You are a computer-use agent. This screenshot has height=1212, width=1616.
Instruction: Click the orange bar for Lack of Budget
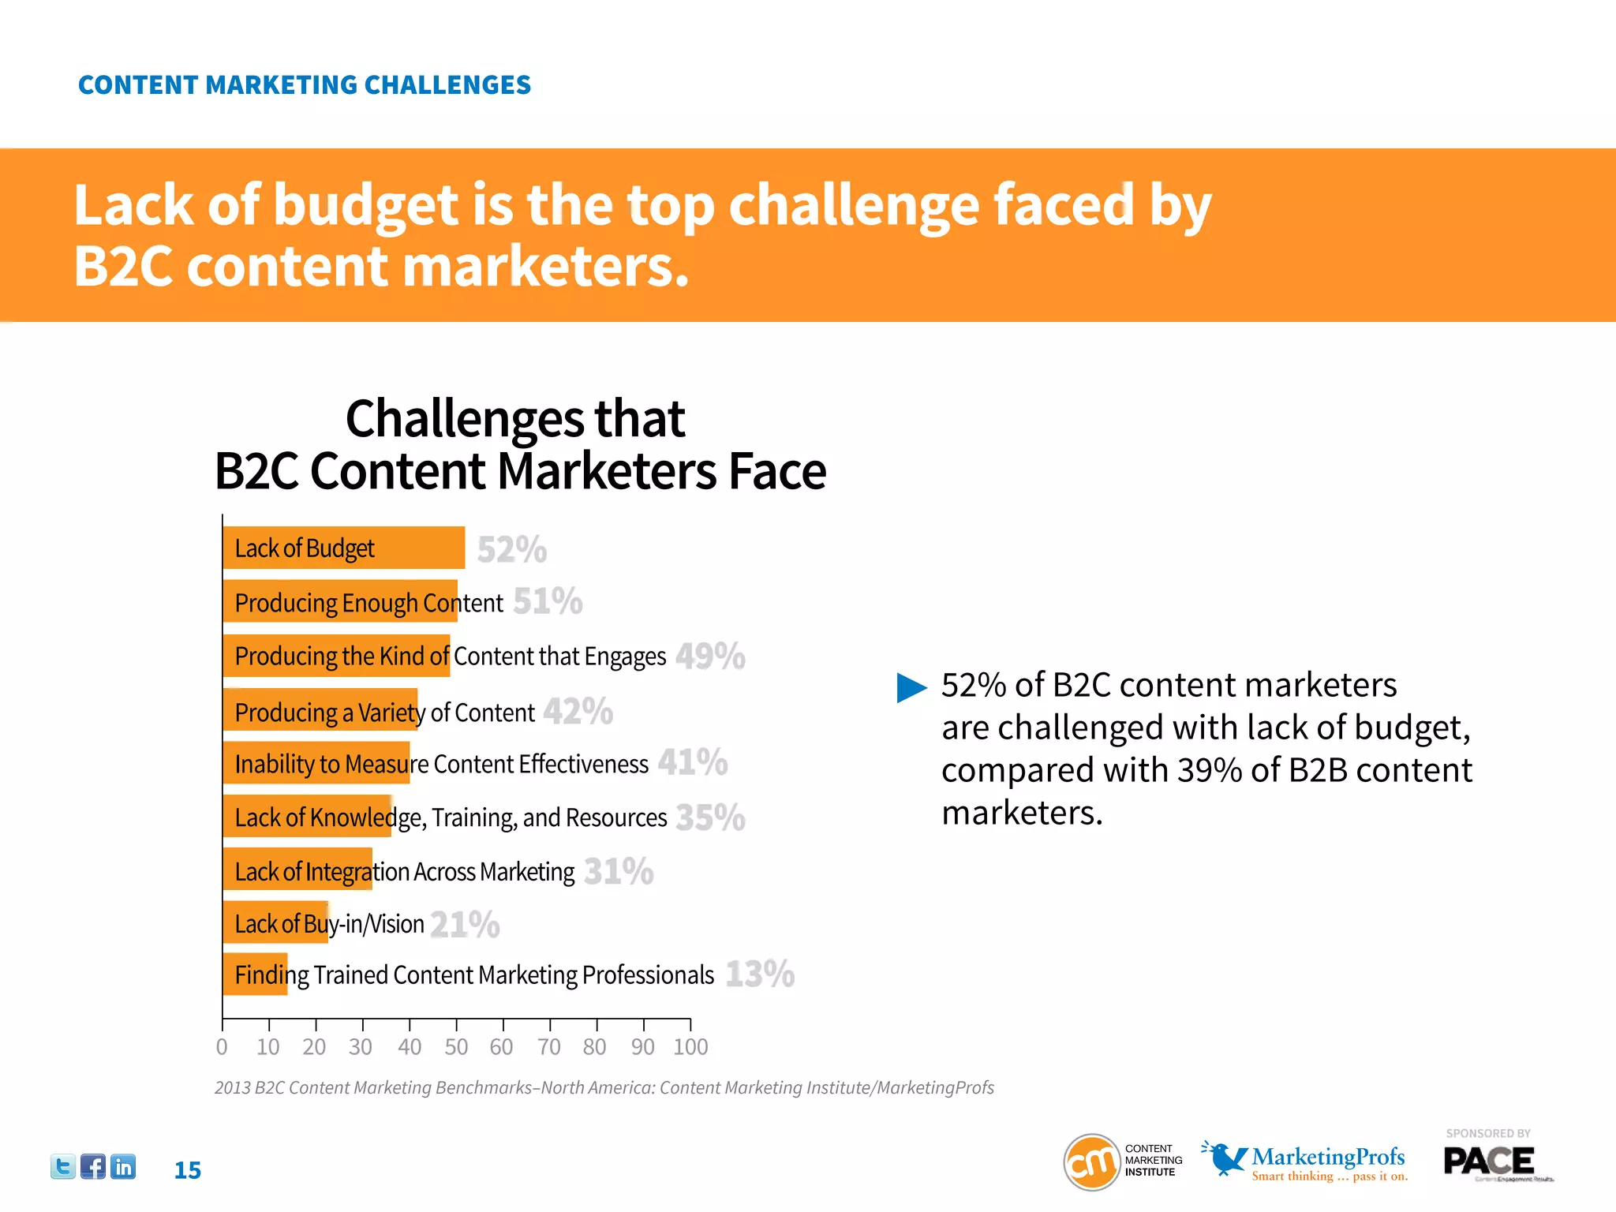click(x=344, y=548)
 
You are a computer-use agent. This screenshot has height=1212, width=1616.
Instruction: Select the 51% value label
click(x=548, y=601)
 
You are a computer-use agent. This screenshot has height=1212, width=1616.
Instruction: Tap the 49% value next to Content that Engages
click(x=710, y=656)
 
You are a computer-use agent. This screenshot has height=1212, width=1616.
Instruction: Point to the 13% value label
click(x=760, y=974)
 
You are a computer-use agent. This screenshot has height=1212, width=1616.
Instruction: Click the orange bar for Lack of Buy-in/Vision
click(x=275, y=922)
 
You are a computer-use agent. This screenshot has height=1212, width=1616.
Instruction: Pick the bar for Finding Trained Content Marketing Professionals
click(x=255, y=974)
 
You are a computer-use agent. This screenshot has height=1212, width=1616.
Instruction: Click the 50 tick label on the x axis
click(x=456, y=1047)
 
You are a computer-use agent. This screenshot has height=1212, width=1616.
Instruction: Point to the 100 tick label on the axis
click(x=690, y=1047)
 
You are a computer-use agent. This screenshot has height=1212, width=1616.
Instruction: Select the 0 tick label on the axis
click(x=222, y=1047)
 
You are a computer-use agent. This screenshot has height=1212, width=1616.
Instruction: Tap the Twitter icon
click(x=63, y=1166)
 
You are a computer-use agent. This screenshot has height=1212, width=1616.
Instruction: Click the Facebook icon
click(x=93, y=1166)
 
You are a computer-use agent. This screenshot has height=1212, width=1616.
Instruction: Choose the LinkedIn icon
click(x=123, y=1166)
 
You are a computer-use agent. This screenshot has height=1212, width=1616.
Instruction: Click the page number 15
click(x=187, y=1170)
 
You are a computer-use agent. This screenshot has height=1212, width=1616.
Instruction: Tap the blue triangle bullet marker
click(x=911, y=687)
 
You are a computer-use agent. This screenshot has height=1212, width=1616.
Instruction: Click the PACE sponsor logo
click(x=1489, y=1161)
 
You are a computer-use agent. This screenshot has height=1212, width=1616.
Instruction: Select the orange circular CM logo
click(x=1092, y=1162)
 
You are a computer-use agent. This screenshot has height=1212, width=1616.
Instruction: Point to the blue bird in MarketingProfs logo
click(x=1224, y=1158)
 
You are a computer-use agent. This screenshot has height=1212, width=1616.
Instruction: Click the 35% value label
click(x=710, y=817)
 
